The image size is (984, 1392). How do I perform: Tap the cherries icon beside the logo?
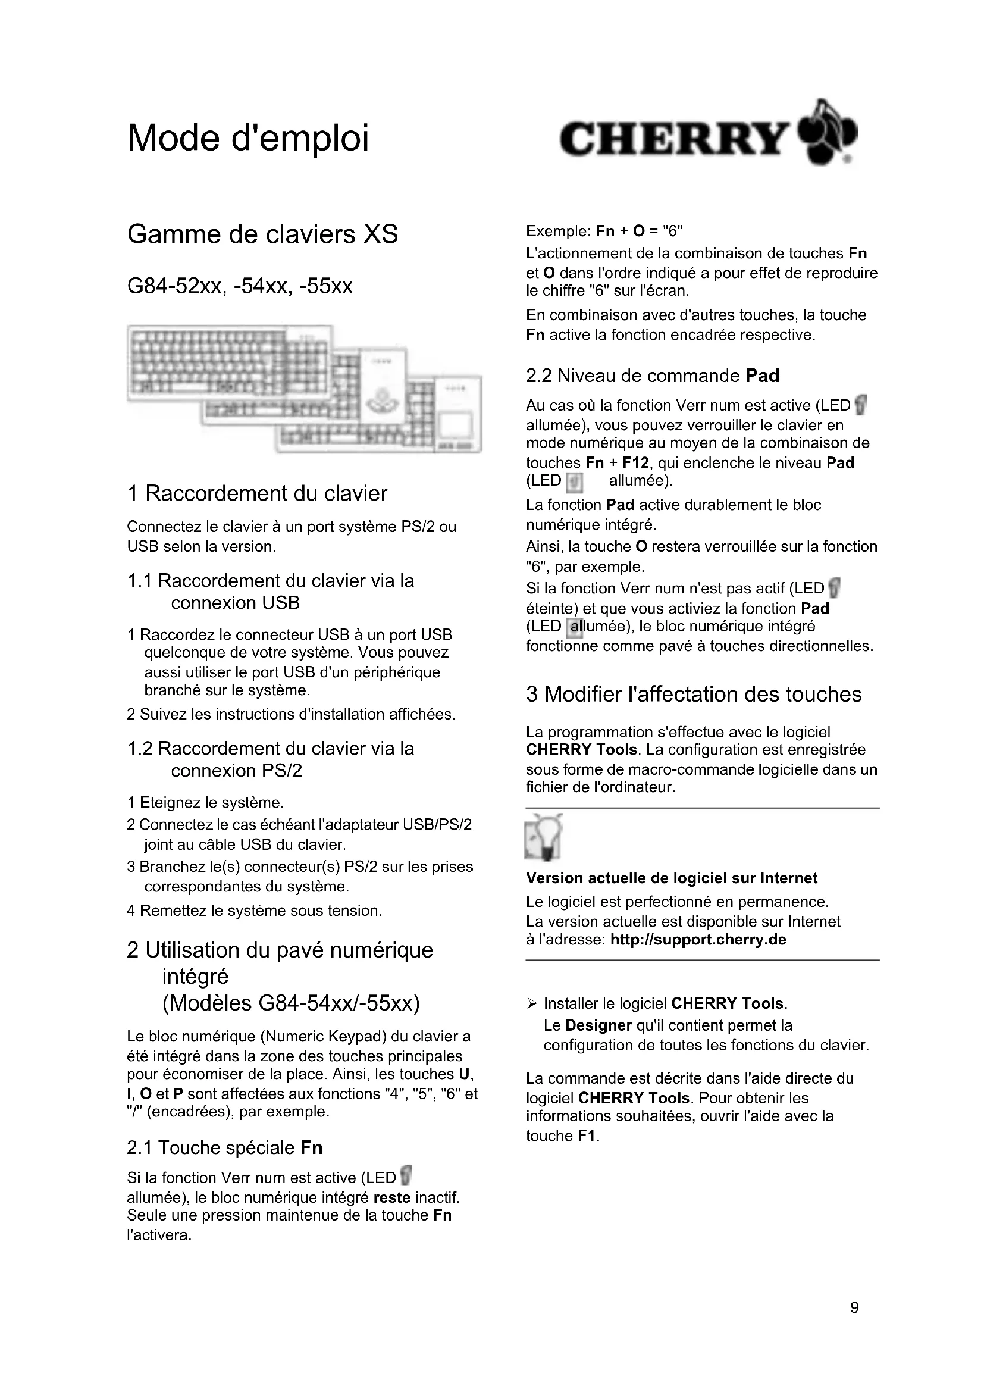click(x=829, y=133)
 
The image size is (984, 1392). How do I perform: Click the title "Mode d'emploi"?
click(x=248, y=138)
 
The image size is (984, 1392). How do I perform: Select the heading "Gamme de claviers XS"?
click(x=262, y=234)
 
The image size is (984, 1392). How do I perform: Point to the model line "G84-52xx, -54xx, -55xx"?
click(x=240, y=286)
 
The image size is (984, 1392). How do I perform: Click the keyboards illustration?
click(x=304, y=389)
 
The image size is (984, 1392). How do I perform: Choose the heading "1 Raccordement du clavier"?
click(x=257, y=493)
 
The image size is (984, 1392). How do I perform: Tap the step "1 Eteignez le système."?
click(x=205, y=803)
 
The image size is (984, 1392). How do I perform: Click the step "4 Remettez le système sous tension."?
click(x=255, y=911)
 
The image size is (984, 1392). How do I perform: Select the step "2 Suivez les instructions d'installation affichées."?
click(x=291, y=714)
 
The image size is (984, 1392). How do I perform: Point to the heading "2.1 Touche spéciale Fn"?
click(x=225, y=1147)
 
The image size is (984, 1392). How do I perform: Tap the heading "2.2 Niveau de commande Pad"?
click(x=653, y=376)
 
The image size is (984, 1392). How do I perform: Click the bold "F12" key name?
click(x=635, y=463)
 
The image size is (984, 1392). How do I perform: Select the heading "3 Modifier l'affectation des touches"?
click(x=694, y=694)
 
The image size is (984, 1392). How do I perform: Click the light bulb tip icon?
click(x=544, y=837)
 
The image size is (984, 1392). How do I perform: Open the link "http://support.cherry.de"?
click(x=698, y=940)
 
